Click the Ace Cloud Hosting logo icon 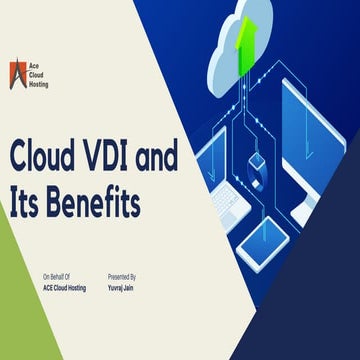click(18, 73)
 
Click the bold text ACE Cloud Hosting click(64, 287)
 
